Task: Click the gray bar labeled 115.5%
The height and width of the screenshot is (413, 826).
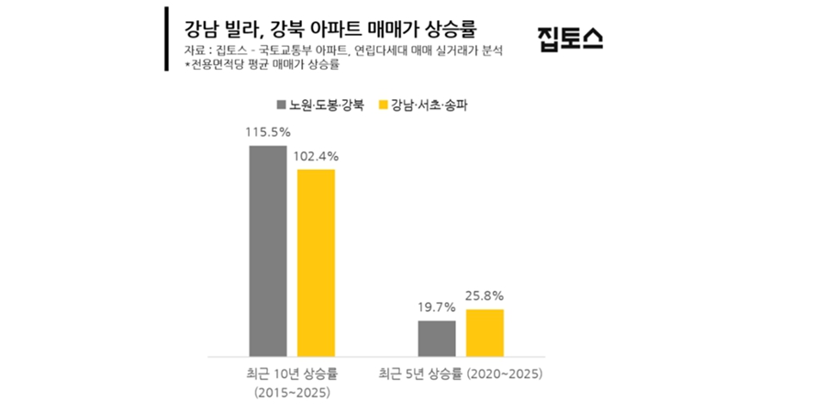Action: (x=268, y=250)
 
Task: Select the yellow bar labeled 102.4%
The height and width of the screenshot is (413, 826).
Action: (x=316, y=262)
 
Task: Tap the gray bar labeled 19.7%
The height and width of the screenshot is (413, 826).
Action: (x=437, y=338)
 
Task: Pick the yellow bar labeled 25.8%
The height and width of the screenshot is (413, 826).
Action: (x=485, y=332)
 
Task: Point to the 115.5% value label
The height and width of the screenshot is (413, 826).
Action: (x=268, y=132)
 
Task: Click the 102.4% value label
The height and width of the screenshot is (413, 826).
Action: (x=316, y=156)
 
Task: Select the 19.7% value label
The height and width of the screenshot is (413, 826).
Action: (x=437, y=307)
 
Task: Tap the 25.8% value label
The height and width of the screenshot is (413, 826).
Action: (x=485, y=296)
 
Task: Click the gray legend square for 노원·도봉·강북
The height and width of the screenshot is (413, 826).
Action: (x=281, y=104)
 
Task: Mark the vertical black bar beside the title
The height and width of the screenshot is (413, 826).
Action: (x=166, y=39)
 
